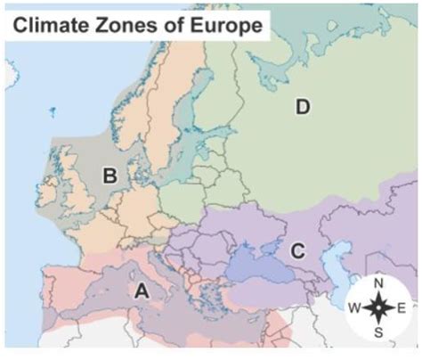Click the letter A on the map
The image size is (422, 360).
click(140, 290)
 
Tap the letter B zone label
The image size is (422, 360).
click(110, 176)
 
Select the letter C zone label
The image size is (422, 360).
click(298, 250)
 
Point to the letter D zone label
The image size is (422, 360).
click(303, 108)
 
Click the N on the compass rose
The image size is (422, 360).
click(379, 284)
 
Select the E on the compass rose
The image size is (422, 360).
click(402, 308)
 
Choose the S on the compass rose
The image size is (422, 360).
click(379, 332)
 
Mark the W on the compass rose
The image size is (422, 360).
click(354, 308)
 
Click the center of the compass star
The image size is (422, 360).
click(379, 308)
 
